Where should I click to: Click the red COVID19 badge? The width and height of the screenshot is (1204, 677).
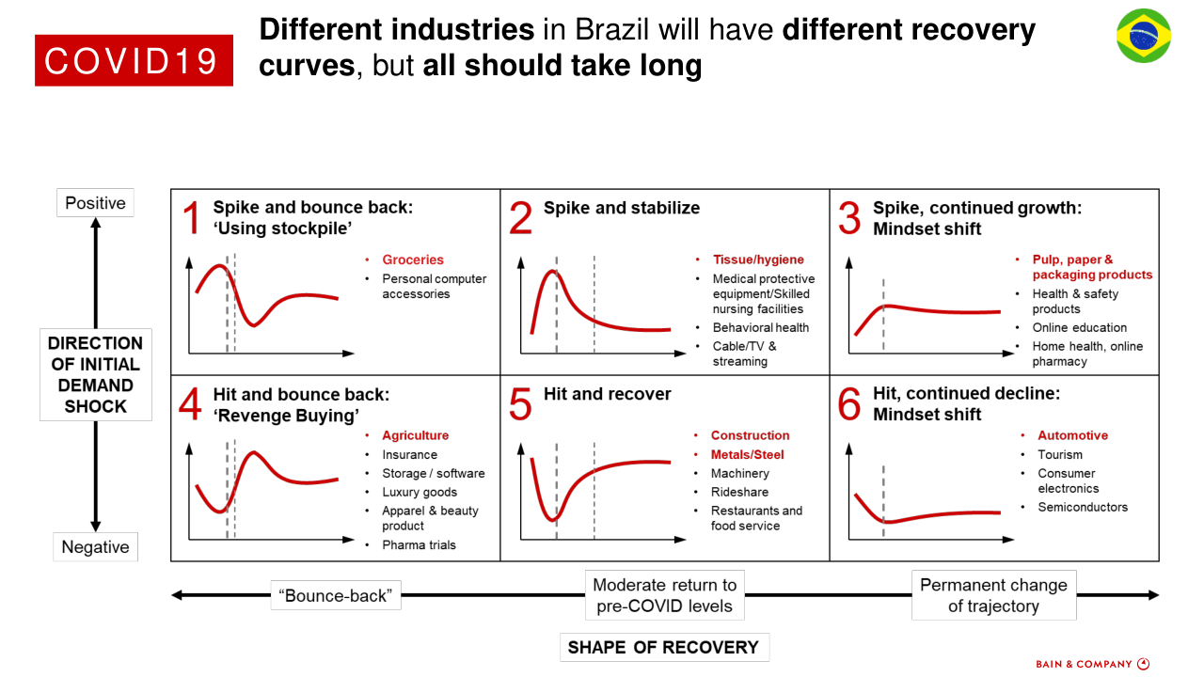(134, 60)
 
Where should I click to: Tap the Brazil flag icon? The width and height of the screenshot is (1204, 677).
(1144, 37)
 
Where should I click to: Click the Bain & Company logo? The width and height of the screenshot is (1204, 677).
(1092, 664)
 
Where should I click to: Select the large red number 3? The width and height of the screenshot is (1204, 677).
(849, 218)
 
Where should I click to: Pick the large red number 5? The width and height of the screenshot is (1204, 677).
(520, 403)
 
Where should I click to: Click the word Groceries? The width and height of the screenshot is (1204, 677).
(413, 260)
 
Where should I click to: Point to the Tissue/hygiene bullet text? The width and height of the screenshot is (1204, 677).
(758, 260)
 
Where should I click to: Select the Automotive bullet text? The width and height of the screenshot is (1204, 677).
(1072, 436)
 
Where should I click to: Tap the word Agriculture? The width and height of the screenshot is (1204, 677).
(415, 436)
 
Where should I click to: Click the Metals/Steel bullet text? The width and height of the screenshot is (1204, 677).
(747, 455)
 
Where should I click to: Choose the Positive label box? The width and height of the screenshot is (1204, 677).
(95, 203)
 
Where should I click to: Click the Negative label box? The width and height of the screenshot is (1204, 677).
(95, 547)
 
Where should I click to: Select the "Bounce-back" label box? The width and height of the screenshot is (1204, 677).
(336, 595)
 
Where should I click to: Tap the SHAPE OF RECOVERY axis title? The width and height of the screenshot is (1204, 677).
(663, 648)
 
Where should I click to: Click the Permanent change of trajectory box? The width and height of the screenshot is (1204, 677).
(993, 595)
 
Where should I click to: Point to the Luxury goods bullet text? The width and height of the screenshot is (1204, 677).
(420, 493)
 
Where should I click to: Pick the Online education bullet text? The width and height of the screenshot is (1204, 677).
(1079, 328)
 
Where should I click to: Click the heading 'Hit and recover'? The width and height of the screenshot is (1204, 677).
(608, 394)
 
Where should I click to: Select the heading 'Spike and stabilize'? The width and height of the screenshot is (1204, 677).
(622, 208)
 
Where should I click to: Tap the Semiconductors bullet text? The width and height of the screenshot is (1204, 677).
(1083, 508)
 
